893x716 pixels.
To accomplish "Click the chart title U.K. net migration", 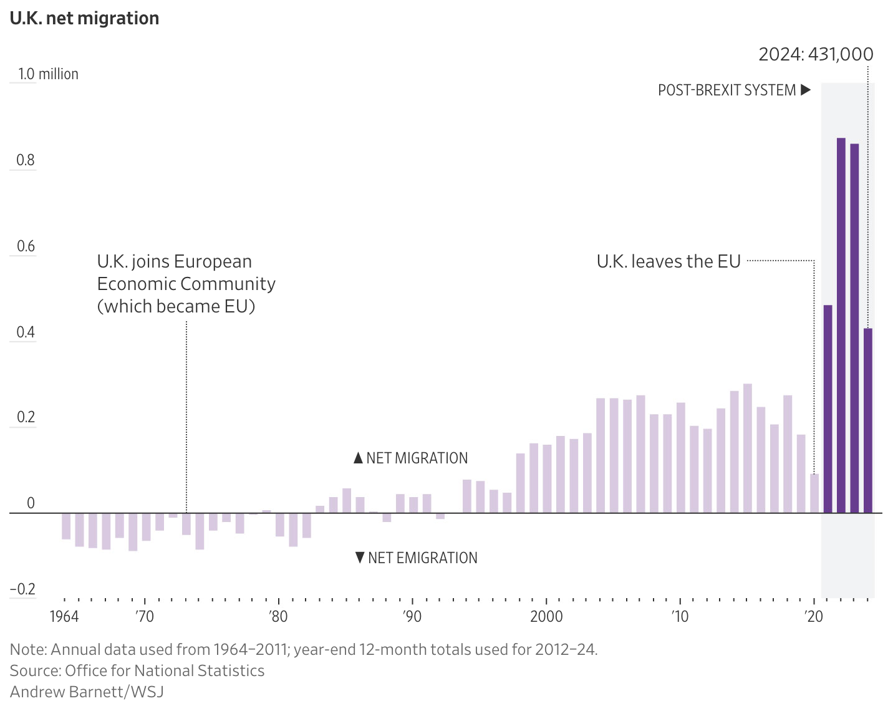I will (x=84, y=18).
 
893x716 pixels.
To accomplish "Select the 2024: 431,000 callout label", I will (x=816, y=54).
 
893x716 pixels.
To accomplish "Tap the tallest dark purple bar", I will (x=841, y=324).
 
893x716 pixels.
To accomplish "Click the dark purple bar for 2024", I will (x=867, y=420).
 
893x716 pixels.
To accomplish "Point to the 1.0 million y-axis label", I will (x=48, y=74).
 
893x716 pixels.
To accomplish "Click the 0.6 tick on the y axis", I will (x=26, y=246).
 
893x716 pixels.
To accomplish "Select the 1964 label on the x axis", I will (x=64, y=617).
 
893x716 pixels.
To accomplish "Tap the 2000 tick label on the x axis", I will (x=546, y=617).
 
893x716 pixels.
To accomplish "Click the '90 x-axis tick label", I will (x=412, y=617).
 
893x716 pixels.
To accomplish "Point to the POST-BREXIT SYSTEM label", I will (x=726, y=90).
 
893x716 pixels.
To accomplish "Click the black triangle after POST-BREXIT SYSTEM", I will (x=805, y=90).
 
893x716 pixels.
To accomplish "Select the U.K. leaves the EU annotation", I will (x=669, y=261).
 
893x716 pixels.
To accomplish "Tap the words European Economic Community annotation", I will (x=186, y=284).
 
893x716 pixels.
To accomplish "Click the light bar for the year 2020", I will (x=814, y=493).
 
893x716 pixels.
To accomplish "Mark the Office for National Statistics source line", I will (x=137, y=670).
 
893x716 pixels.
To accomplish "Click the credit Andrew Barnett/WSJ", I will (x=87, y=691).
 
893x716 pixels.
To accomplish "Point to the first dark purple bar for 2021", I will (x=828, y=409).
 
